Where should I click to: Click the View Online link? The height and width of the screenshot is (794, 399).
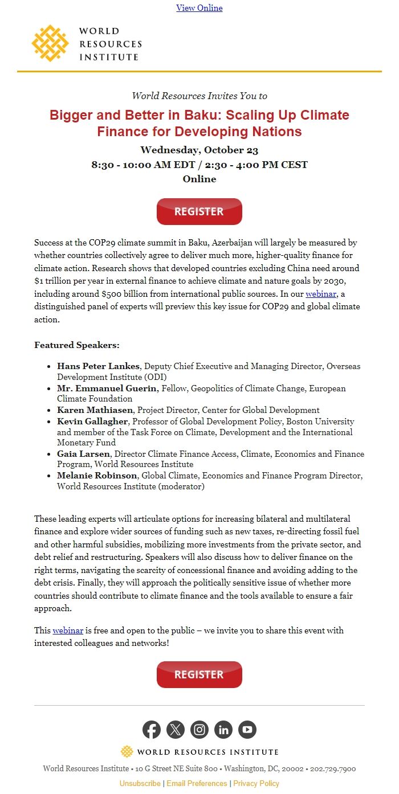(x=199, y=8)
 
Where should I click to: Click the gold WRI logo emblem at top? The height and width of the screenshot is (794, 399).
(x=50, y=43)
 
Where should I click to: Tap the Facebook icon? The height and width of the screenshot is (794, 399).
(x=152, y=730)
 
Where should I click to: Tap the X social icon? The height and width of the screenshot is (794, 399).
(x=176, y=730)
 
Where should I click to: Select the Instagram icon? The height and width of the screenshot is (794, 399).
(x=199, y=730)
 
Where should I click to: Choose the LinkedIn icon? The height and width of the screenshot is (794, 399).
(x=223, y=730)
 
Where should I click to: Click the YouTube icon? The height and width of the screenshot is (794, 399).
(x=247, y=730)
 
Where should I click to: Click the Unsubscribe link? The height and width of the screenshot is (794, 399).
(x=140, y=783)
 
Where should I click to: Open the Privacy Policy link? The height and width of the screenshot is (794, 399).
(x=256, y=783)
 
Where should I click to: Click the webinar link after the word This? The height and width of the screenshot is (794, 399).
(x=68, y=631)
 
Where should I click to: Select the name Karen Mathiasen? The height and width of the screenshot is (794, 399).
(x=95, y=410)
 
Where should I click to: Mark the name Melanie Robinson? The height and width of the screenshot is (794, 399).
(x=97, y=476)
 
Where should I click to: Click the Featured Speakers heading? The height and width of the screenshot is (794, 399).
(x=76, y=345)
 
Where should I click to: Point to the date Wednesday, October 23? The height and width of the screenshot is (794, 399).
(x=199, y=150)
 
